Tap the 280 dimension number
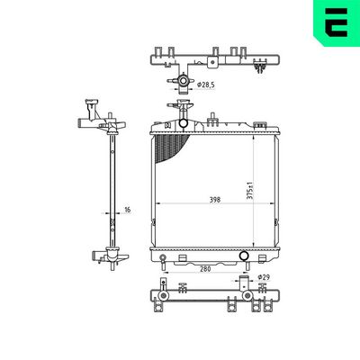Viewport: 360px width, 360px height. (x=205, y=268)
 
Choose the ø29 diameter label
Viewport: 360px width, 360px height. (x=264, y=277)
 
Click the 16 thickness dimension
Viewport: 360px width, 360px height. (x=127, y=211)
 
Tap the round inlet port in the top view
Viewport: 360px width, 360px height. (x=183, y=84)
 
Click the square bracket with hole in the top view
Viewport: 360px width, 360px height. (x=211, y=63)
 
